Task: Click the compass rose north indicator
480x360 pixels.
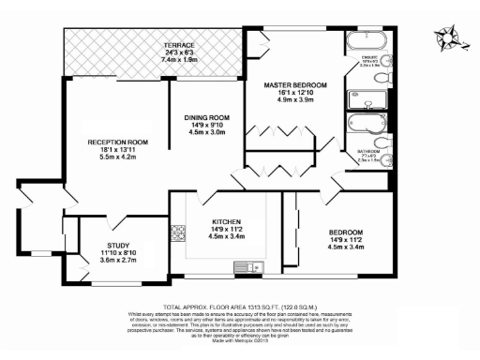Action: [x=447, y=38]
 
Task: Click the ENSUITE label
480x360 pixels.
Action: [x=368, y=59]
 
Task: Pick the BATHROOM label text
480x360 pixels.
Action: [x=367, y=150]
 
